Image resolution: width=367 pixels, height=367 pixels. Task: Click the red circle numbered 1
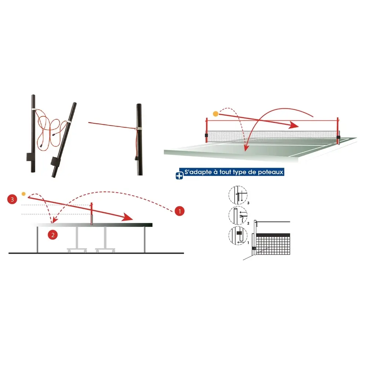[x=179, y=211]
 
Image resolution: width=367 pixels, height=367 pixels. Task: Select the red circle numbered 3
[x=13, y=199]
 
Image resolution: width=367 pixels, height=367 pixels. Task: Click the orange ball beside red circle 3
[x=24, y=193]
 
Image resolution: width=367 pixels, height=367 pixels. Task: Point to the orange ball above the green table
[x=215, y=114]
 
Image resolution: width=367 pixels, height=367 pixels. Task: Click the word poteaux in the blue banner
[x=272, y=172]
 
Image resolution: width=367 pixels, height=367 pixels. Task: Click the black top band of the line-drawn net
[x=273, y=235]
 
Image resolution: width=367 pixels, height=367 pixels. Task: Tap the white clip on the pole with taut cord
[x=138, y=128]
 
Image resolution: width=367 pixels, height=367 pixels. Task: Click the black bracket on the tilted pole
[x=55, y=161]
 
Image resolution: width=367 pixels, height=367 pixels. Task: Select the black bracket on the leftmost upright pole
[x=29, y=157]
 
